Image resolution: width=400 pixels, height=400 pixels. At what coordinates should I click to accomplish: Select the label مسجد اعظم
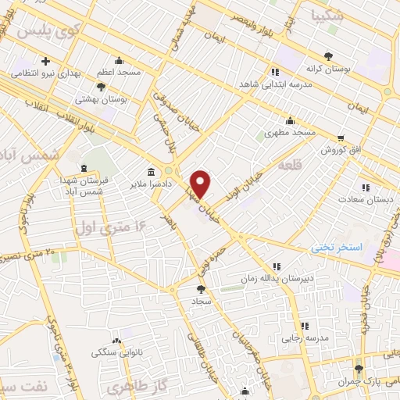click(119, 72)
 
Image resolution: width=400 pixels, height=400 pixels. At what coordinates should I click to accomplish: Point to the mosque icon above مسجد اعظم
click(119, 60)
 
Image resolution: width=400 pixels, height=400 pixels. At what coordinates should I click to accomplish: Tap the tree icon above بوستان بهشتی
click(101, 87)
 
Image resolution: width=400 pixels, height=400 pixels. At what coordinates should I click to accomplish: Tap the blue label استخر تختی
click(337, 247)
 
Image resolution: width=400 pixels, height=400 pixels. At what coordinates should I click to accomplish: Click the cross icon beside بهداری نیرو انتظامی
click(46, 61)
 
